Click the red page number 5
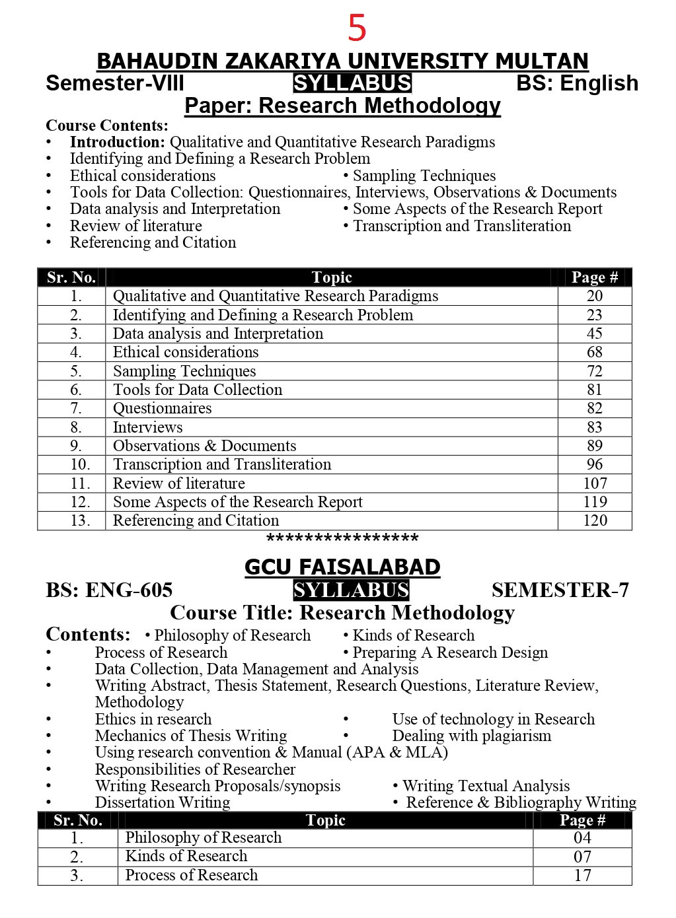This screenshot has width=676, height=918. [357, 28]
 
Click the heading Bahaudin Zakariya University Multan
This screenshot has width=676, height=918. [342, 61]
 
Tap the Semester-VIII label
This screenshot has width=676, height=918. [115, 84]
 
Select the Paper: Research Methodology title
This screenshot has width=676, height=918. [342, 106]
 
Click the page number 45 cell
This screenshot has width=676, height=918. [594, 334]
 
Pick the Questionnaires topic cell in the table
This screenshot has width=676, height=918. [163, 408]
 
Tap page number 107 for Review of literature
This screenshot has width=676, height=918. [595, 483]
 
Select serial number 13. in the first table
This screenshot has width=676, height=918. [79, 520]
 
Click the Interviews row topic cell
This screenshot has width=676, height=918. [148, 427]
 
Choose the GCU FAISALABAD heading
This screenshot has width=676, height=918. [342, 567]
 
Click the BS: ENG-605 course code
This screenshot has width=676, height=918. [109, 590]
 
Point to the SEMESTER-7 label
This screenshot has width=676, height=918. [560, 590]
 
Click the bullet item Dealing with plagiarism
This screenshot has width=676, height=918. [471, 736]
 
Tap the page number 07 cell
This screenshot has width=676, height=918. [582, 857]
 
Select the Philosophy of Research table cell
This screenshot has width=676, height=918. [204, 837]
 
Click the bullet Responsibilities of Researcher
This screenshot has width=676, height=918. [195, 769]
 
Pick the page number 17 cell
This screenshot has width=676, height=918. [582, 875]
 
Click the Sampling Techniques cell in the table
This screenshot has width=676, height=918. [184, 371]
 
